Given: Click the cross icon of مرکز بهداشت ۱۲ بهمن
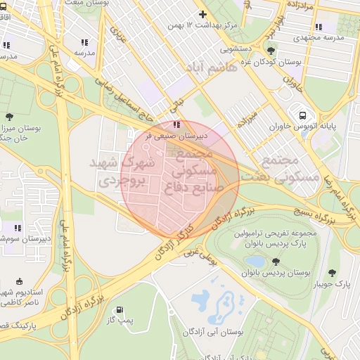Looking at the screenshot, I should coord(203,14).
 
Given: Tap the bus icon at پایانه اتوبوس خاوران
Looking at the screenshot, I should coord(302,115).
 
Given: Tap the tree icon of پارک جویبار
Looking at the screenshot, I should coord(333,273).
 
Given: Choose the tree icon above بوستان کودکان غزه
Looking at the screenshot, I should coord(271,50).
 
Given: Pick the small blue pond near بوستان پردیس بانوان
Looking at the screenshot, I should coord(255,262).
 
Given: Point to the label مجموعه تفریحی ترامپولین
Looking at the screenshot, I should coord(280,232).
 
